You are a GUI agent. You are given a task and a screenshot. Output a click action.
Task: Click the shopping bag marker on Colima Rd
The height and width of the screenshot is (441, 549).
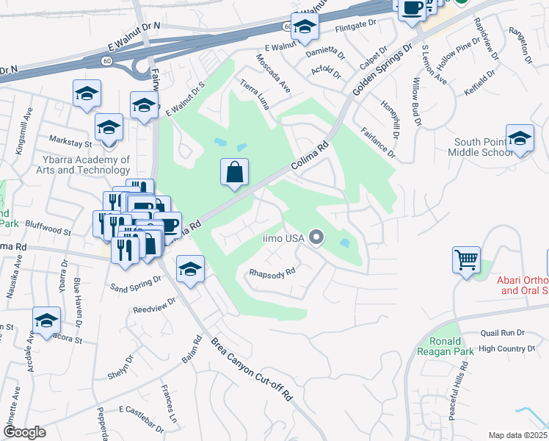point(235,173)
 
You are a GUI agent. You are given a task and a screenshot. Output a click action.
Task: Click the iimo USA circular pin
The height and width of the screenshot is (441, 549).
point(316,237)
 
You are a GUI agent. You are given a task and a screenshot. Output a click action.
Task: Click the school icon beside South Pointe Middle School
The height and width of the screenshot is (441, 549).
point(520,139)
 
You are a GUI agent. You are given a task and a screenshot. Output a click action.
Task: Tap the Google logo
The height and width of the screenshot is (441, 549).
point(23,432)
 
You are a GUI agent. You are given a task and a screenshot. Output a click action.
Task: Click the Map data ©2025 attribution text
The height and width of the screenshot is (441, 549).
point(517,435)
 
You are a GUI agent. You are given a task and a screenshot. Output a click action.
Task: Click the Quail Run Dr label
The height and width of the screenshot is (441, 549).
point(503,333)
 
